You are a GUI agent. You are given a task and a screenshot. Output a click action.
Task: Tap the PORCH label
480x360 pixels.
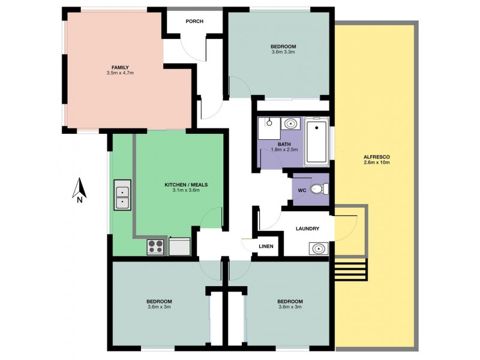click(x=194, y=22)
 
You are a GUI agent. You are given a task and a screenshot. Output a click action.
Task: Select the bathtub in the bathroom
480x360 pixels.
click(x=316, y=143)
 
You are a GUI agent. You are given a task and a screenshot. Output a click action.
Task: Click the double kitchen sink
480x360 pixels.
click(x=122, y=194)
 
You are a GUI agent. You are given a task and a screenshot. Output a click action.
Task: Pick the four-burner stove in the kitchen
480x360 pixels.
click(x=156, y=246)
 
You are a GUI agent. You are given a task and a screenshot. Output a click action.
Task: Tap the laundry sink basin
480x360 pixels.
click(x=319, y=248)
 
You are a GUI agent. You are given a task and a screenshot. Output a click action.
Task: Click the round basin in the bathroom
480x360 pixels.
click(x=291, y=124)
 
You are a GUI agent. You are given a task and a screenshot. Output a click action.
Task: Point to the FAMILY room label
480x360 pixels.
click(x=120, y=67)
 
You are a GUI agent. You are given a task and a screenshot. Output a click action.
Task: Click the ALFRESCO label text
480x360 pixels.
click(x=376, y=157)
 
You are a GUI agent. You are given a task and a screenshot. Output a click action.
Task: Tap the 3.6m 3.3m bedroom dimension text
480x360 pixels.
click(x=283, y=52)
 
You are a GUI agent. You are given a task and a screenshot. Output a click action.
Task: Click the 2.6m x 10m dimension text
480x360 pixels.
click(x=376, y=163)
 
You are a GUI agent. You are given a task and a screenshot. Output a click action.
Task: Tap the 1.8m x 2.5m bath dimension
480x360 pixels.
click(x=284, y=149)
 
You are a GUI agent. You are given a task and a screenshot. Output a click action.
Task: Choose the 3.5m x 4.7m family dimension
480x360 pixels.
click(x=120, y=73)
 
